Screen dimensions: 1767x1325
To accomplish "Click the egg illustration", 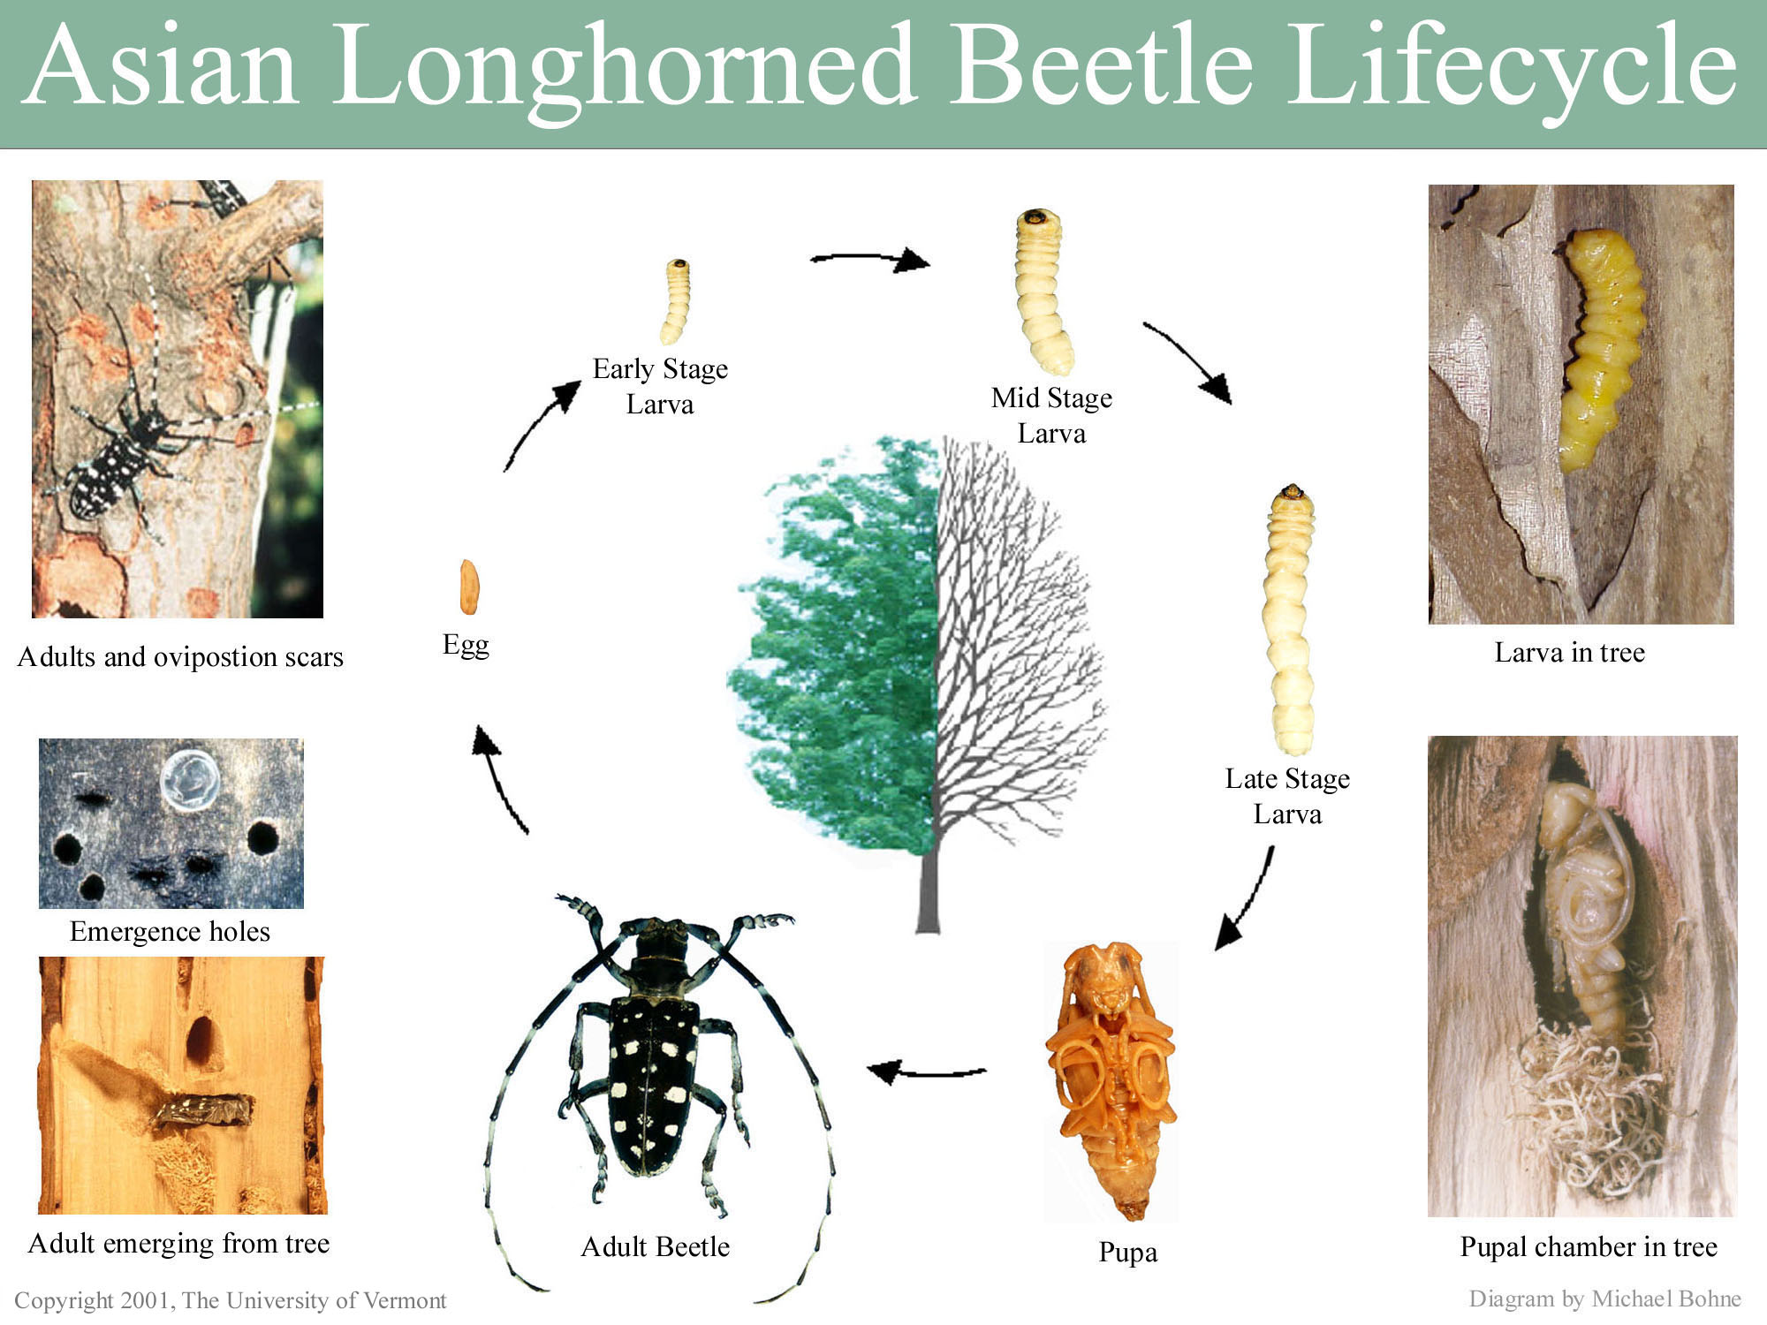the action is pyautogui.click(x=469, y=587).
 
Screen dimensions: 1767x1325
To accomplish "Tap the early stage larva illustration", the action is pyautogui.click(x=676, y=301).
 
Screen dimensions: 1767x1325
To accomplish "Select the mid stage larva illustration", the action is pyautogui.click(x=1043, y=291).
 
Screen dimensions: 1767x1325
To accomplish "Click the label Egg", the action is pyautogui.click(x=466, y=646).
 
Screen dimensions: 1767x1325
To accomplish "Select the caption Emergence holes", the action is pyautogui.click(x=170, y=932).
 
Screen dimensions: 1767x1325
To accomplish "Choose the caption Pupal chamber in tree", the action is pyautogui.click(x=1589, y=1246).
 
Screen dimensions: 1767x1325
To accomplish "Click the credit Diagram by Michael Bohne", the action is pyautogui.click(x=1604, y=1298).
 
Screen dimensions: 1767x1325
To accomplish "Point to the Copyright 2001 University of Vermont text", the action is pyautogui.click(x=231, y=1300).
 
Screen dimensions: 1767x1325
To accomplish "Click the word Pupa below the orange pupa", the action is pyautogui.click(x=1127, y=1253).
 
